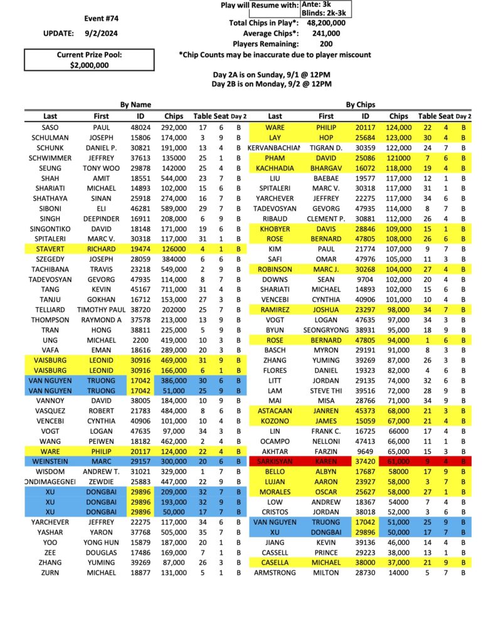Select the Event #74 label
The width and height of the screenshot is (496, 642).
(x=102, y=18)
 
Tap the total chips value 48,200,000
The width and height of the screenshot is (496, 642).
(x=326, y=23)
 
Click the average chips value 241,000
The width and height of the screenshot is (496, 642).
(x=326, y=33)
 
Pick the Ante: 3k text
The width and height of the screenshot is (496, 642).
(x=325, y=4)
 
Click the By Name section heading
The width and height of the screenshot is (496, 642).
(x=135, y=105)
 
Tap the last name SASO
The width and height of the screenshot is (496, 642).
(x=50, y=127)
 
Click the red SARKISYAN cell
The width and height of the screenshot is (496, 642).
(x=275, y=461)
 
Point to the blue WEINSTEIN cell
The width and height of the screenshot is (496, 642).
(x=50, y=461)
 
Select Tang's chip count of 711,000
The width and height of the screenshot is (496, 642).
(x=174, y=289)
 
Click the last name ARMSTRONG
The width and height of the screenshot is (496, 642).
(x=275, y=572)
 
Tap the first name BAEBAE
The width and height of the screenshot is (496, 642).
(x=326, y=179)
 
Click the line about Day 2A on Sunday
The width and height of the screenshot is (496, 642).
(x=271, y=74)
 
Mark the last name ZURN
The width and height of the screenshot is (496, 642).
(x=50, y=572)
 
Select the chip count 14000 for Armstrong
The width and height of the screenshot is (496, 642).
(x=398, y=572)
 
